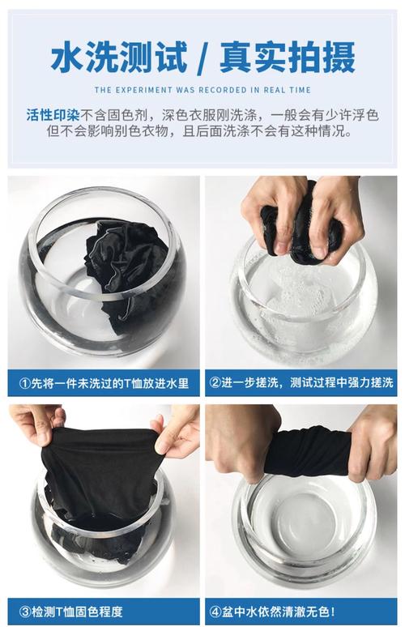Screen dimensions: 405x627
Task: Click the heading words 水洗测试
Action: pyautogui.click(x=119, y=58)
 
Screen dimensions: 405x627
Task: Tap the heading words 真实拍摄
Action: pyautogui.click(x=287, y=58)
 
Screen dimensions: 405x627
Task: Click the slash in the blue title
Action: pyautogui.click(x=203, y=58)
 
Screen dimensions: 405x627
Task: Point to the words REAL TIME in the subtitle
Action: pyautogui.click(x=287, y=90)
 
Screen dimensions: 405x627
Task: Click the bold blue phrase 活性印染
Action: pyautogui.click(x=53, y=116)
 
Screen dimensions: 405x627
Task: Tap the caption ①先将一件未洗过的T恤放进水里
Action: pyautogui.click(x=104, y=383)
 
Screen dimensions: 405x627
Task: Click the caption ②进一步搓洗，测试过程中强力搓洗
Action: pyautogui.click(x=301, y=382)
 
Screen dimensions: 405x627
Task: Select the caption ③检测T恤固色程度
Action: pyautogui.click(x=70, y=612)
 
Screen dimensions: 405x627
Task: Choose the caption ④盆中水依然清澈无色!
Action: pyautogui.click(x=272, y=612)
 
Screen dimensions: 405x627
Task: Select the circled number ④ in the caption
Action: pyautogui.click(x=215, y=612)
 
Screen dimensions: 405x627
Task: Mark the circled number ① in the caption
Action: pyautogui.click(x=24, y=383)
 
